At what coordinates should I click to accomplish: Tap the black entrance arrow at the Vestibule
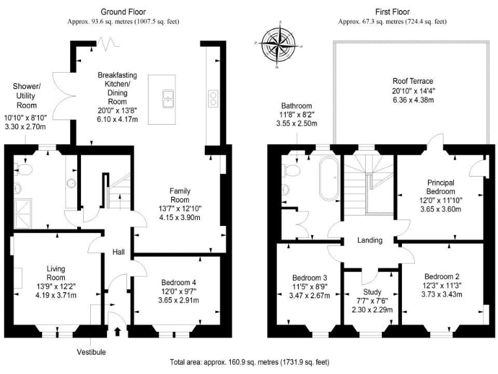click(117, 332)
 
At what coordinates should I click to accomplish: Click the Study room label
click(372, 292)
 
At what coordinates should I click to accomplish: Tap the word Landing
click(370, 240)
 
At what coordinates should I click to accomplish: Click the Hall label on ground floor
click(119, 252)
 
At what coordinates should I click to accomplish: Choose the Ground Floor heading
click(123, 12)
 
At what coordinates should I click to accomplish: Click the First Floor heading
click(392, 12)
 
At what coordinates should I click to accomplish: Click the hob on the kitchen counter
click(212, 97)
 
